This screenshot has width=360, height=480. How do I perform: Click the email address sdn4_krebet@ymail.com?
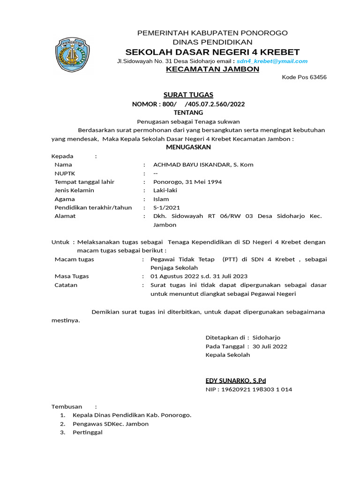(272, 61)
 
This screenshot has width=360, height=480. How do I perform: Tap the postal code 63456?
(317, 77)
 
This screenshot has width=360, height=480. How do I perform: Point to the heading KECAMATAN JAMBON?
(212, 69)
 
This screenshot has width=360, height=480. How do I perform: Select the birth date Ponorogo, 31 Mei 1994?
(187, 182)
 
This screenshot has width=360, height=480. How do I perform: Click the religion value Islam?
(161, 199)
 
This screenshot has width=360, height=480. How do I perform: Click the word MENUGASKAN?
(188, 147)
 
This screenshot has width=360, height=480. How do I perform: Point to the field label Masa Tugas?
(72, 277)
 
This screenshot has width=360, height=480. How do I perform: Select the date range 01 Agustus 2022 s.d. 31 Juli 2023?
(199, 277)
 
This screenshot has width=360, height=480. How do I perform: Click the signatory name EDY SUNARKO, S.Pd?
(236, 380)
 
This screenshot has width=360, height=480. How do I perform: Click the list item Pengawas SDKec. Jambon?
(111, 424)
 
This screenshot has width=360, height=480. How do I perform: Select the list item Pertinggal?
(88, 432)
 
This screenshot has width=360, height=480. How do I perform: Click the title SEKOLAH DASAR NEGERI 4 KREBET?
(212, 52)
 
